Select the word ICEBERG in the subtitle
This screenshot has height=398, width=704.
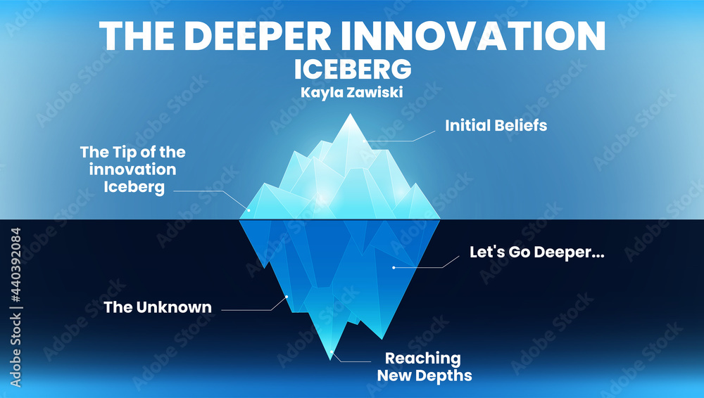(352, 70)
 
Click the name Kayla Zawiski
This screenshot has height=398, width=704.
(352, 92)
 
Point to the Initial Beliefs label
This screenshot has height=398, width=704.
(496, 126)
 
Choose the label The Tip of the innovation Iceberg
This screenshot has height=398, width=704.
(133, 169)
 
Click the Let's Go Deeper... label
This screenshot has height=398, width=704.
(537, 252)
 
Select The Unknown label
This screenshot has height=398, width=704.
(158, 307)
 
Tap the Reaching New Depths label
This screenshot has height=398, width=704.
(425, 366)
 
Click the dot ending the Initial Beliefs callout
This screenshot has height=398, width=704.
(365, 141)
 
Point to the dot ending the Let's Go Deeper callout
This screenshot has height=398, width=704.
(394, 267)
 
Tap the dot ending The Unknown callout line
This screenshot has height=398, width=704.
(287, 297)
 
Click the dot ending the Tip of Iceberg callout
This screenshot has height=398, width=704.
(247, 209)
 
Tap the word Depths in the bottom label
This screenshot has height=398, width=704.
(442, 375)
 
